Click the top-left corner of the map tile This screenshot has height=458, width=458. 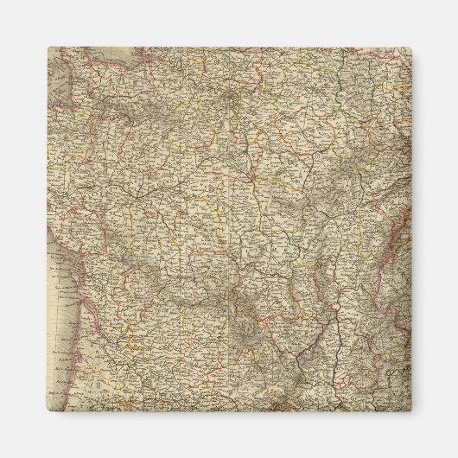point(48,48)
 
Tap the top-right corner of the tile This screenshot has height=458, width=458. point(410,48)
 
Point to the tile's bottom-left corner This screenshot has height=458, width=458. point(48,410)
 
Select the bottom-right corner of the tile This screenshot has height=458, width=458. point(410,410)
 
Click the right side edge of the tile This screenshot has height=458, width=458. point(410,229)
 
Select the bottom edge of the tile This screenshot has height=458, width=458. point(229,410)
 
